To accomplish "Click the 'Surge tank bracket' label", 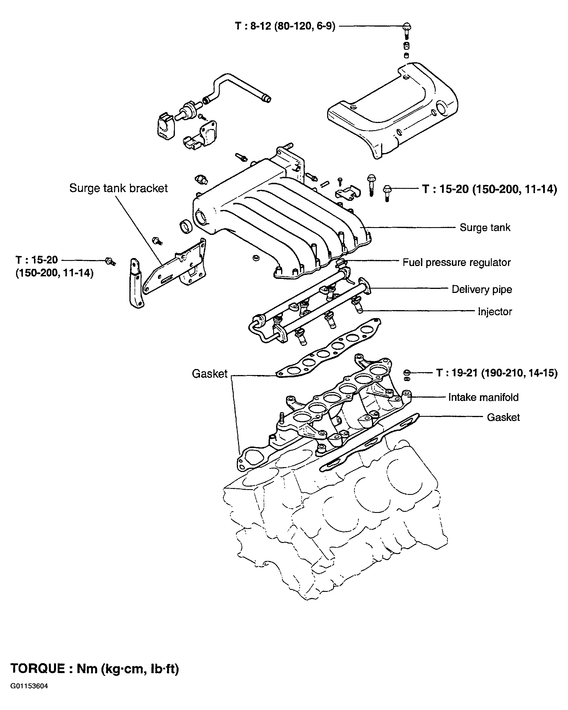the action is tap(118, 188).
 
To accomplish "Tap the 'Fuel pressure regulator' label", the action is tap(457, 263).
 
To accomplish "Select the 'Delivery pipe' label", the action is tap(482, 289).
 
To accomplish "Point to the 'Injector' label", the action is tap(495, 312).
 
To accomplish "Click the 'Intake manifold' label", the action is tap(483, 398).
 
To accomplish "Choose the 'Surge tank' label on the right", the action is tap(485, 227).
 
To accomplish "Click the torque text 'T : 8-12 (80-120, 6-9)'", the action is tap(285, 26).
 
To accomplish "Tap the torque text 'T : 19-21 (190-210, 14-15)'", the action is tap(497, 373).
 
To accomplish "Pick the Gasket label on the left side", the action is tap(210, 374).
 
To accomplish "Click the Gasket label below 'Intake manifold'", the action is tap(503, 418).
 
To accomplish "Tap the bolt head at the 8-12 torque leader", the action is tap(407, 26).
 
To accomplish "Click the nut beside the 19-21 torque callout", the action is tap(407, 372).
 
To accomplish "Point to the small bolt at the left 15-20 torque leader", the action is tap(110, 261).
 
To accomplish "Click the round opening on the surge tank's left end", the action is tap(200, 217).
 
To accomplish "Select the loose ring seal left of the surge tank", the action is tap(186, 227).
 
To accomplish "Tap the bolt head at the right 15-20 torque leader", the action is tap(387, 189).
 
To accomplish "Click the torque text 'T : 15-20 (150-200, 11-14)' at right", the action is tap(490, 189).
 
